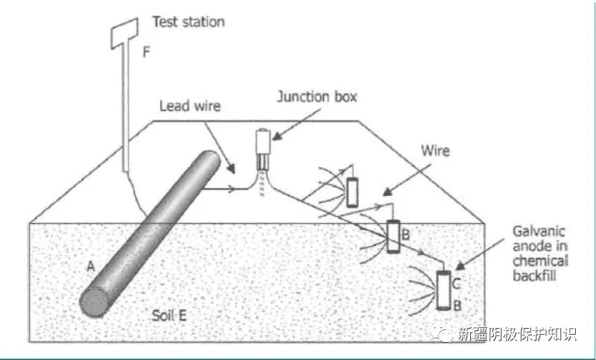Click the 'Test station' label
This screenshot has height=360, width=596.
pos(188,22)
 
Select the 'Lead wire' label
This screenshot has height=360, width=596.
pos(190,106)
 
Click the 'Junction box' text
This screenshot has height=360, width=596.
pos(317,97)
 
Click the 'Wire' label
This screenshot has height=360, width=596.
pos(434,151)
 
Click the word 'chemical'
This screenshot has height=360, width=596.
pos(540,261)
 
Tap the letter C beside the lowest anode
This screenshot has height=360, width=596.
pos(457,282)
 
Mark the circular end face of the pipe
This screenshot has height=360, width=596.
pos(95,302)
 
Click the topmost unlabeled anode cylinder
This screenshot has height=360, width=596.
pos(352,192)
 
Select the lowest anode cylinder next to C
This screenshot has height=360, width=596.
pos(443,291)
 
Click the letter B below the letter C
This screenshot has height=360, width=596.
pos(457,304)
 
